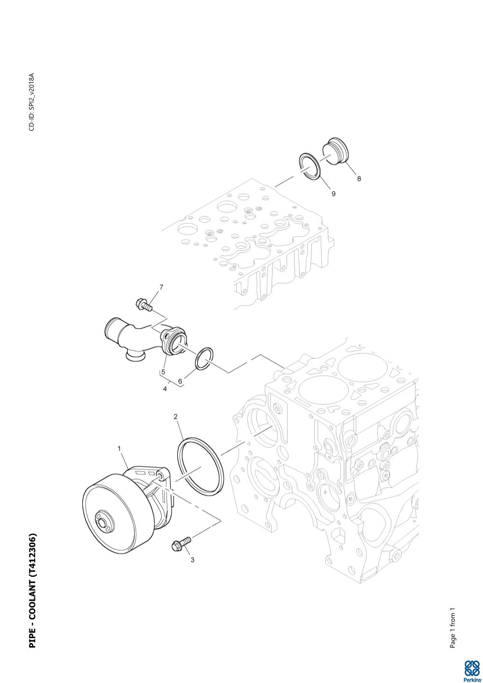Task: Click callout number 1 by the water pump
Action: [x=119, y=448]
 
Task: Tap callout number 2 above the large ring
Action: [x=176, y=417]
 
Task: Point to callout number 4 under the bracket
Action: [x=165, y=389]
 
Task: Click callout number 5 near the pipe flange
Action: [x=163, y=372]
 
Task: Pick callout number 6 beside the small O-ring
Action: [x=180, y=381]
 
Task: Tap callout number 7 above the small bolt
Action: [x=161, y=287]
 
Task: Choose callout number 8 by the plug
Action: [x=359, y=179]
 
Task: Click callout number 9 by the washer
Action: [x=333, y=194]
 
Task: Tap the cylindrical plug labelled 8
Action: [x=335, y=151]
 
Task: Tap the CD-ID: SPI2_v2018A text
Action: [x=32, y=102]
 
